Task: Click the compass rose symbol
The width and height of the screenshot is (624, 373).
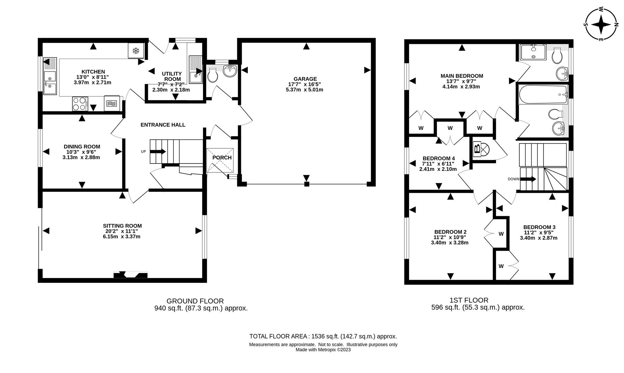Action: click(602, 25)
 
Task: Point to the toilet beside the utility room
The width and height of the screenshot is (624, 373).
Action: click(212, 75)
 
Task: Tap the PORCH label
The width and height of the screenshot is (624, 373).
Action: click(222, 158)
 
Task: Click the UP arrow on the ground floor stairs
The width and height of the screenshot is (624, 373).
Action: click(158, 152)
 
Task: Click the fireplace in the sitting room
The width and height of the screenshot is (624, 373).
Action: click(130, 275)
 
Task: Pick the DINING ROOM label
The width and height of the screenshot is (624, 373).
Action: click(82, 146)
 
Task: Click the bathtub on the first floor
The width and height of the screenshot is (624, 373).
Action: click(543, 94)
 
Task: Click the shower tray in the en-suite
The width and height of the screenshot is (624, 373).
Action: click(533, 52)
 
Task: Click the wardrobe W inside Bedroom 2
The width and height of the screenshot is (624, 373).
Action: click(501, 234)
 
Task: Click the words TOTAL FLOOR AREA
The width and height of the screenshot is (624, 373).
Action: click(279, 336)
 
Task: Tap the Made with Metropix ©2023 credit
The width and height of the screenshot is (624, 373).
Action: click(323, 350)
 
